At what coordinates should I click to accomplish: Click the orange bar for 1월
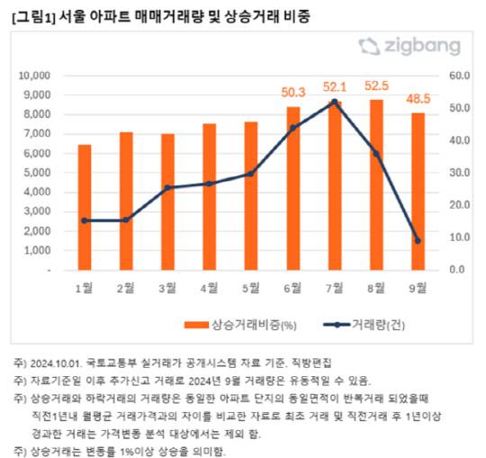85,207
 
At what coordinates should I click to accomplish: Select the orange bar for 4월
209,196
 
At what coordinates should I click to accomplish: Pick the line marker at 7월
334,102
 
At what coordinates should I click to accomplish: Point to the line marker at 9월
417,240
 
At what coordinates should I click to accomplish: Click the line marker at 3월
167,187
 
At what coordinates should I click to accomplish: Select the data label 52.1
335,86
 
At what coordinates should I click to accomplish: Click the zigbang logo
409,47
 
